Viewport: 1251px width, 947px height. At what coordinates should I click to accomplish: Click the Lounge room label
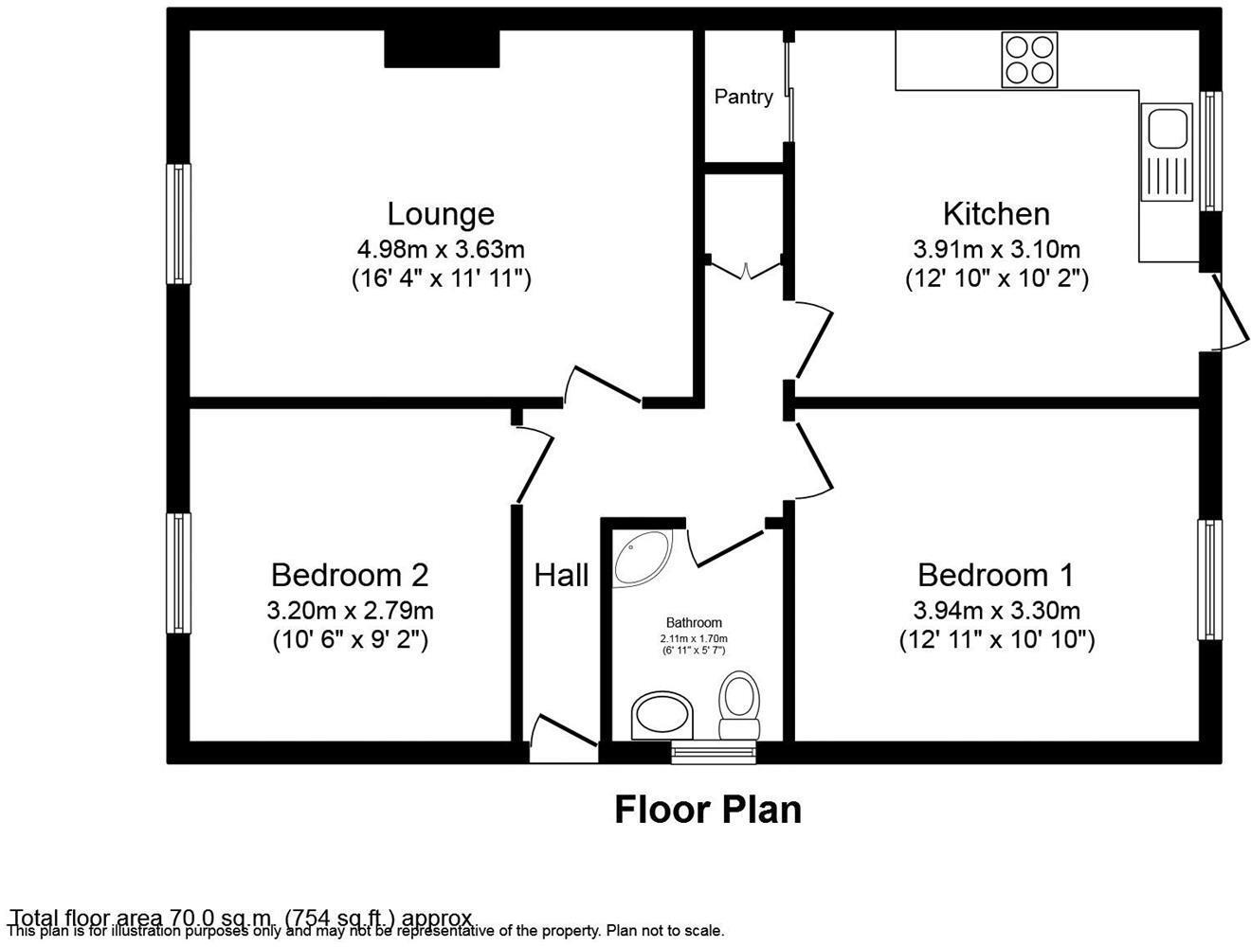pyautogui.click(x=441, y=214)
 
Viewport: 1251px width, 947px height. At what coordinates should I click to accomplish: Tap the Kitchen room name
pyautogui.click(x=996, y=214)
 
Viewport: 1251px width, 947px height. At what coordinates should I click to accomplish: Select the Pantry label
pyautogui.click(x=743, y=97)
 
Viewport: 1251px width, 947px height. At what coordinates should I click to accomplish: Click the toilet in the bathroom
pyautogui.click(x=738, y=705)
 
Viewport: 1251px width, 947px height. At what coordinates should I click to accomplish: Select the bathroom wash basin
pyautogui.click(x=662, y=715)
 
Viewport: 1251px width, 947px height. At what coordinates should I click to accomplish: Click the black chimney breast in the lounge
pyautogui.click(x=442, y=48)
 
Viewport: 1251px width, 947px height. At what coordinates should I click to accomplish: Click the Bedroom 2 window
pyautogui.click(x=178, y=573)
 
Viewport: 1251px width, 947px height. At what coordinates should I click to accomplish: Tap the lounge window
pyautogui.click(x=178, y=223)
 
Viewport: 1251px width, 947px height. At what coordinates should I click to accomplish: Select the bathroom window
pyautogui.click(x=715, y=753)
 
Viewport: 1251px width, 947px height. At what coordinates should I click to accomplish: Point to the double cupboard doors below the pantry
pyautogui.click(x=746, y=269)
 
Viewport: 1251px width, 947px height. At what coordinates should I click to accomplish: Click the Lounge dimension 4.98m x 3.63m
pyautogui.click(x=441, y=250)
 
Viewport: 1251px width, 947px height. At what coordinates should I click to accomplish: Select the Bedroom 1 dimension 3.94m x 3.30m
pyautogui.click(x=996, y=611)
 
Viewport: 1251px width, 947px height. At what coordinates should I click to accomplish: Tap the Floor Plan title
pyautogui.click(x=707, y=810)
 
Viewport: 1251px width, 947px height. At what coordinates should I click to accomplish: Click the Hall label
pyautogui.click(x=561, y=575)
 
